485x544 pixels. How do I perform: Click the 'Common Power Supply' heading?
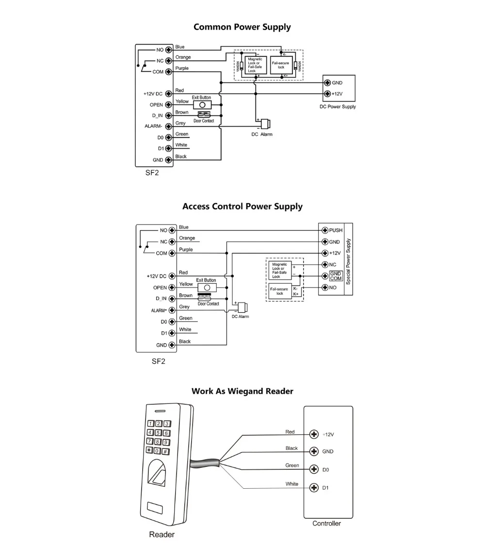(x=242, y=27)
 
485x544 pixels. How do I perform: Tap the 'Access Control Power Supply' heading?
(x=242, y=207)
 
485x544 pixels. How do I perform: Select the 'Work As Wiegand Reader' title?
(x=242, y=391)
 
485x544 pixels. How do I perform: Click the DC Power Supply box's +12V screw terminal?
(x=327, y=94)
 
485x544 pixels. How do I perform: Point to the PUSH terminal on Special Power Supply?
(x=325, y=230)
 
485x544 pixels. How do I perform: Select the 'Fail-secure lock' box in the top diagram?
(x=282, y=65)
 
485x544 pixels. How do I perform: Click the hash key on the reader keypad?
(x=165, y=451)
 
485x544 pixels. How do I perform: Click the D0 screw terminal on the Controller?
(x=314, y=469)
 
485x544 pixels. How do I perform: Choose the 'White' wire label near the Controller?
(x=292, y=484)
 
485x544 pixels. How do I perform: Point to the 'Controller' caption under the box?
(x=326, y=523)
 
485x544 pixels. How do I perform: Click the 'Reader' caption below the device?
(x=162, y=535)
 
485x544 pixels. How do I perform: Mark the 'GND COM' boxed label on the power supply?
(x=336, y=276)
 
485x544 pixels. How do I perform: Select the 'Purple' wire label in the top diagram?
(x=182, y=68)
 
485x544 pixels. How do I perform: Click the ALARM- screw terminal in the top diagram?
(x=168, y=126)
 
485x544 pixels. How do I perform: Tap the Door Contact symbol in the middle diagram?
(x=208, y=298)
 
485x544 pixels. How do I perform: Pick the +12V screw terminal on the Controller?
(x=314, y=434)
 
